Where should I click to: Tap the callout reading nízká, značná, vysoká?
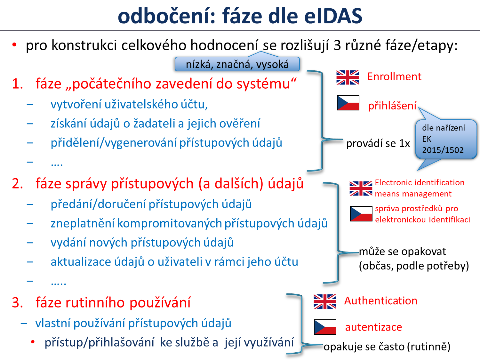237,64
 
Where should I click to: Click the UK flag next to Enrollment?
348,77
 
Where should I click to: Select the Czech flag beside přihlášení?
348,103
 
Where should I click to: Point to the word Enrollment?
394,76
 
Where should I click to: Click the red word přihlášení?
392,106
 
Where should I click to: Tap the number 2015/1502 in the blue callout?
443,150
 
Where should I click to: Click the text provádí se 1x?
378,144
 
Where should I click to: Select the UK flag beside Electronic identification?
361,188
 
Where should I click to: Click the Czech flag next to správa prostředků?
361,214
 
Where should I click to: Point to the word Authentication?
381,301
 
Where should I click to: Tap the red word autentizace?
373,327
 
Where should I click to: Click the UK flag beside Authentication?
325,301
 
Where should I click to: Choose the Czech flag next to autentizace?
325,327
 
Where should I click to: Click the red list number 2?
17,183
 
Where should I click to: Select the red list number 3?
17,302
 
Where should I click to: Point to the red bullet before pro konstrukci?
14,45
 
